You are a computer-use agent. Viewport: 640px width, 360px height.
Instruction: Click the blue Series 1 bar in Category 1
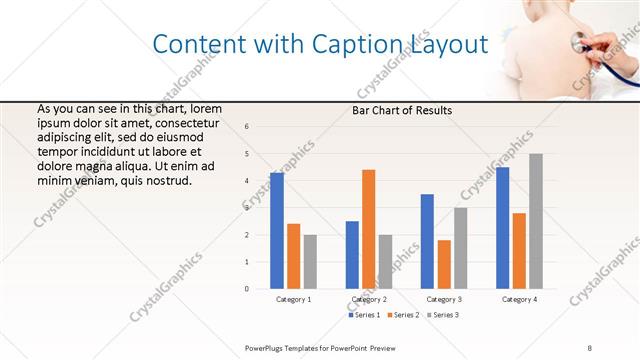(x=277, y=231)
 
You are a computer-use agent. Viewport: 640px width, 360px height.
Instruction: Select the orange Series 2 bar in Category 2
(x=368, y=229)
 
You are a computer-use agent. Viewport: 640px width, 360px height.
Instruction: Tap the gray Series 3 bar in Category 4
(x=536, y=221)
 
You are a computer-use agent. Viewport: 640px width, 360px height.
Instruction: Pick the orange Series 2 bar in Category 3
(x=444, y=264)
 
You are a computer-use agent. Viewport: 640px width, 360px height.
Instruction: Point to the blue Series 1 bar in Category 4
(x=502, y=228)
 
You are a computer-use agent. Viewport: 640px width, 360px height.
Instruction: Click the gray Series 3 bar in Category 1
(x=310, y=262)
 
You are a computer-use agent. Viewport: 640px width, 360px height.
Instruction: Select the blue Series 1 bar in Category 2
(x=352, y=255)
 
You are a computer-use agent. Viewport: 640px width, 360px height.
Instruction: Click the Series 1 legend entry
(x=365, y=315)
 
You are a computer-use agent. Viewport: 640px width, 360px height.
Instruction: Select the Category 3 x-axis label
(x=444, y=299)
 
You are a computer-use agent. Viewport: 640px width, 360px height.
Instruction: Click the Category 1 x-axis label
(x=293, y=299)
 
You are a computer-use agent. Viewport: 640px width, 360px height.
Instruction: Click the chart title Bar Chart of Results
(x=402, y=110)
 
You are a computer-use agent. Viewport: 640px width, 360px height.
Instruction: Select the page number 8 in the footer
(x=590, y=346)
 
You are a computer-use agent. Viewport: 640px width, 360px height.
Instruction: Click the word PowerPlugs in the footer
(x=267, y=346)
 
